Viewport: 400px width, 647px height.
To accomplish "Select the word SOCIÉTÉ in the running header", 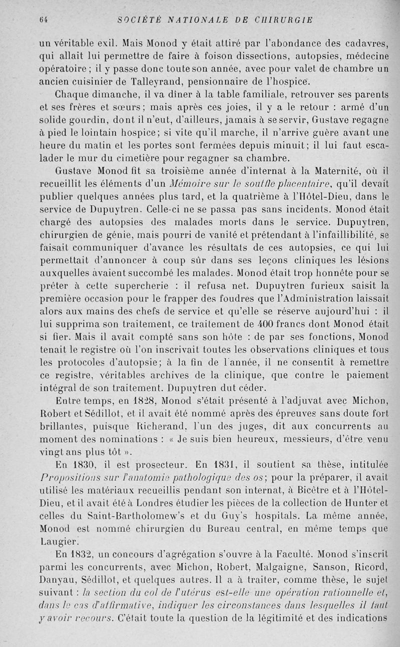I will [x=135, y=20].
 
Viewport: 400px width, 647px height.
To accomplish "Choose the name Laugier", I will [x=58, y=541].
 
